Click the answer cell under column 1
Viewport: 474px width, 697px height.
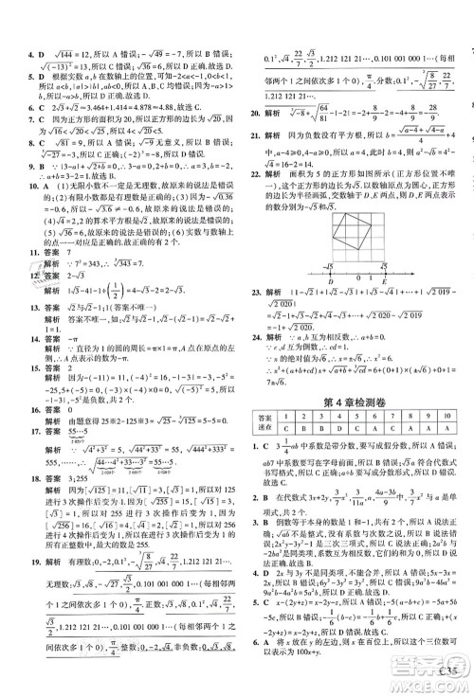click(283, 428)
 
